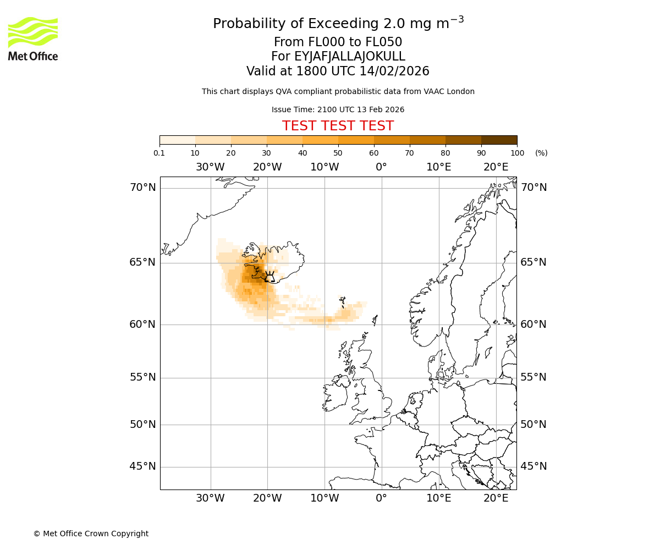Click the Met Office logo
pos(33,38)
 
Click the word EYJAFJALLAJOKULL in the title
pos(350,57)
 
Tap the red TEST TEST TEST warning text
pos(338,126)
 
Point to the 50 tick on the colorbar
pos(338,153)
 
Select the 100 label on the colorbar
pos(517,153)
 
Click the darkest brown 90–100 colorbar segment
pos(499,140)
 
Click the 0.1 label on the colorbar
pos(159,153)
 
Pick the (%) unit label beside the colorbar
pos(541,153)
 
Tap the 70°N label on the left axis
pos(142,188)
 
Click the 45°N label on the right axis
pos(533,466)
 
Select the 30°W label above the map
pos(210,167)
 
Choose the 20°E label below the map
pos(496,498)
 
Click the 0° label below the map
pos(381,498)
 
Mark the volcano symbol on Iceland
pos(269,277)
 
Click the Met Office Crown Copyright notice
pos(91,533)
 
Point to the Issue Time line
pos(338,109)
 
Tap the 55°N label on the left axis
pos(142,377)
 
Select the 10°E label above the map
pos(438,167)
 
